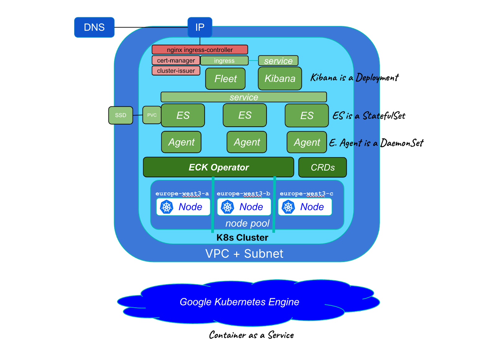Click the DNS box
point(94,27)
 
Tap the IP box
point(200,27)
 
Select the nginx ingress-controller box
point(200,50)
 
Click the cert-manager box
point(176,60)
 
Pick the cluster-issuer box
point(176,71)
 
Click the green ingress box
point(224,61)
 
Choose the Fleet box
point(226,79)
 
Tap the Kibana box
point(280,79)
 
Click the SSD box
point(121,115)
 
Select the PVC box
point(152,115)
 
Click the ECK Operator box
point(219,167)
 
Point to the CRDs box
point(323,167)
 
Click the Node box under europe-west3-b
point(244,207)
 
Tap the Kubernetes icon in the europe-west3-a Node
point(166,207)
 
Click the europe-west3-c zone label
point(306,194)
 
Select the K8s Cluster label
point(242,238)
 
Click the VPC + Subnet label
point(244,254)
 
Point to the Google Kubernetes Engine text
point(239,302)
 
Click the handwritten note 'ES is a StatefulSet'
point(369,116)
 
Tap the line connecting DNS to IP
point(151,27)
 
